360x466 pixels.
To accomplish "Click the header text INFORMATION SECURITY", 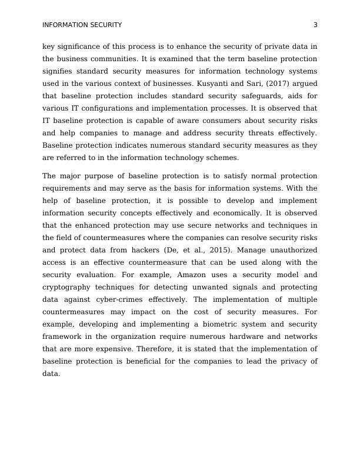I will tap(82, 25).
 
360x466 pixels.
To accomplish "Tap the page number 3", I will tap(315, 25).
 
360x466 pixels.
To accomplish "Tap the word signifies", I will tap(60, 71).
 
